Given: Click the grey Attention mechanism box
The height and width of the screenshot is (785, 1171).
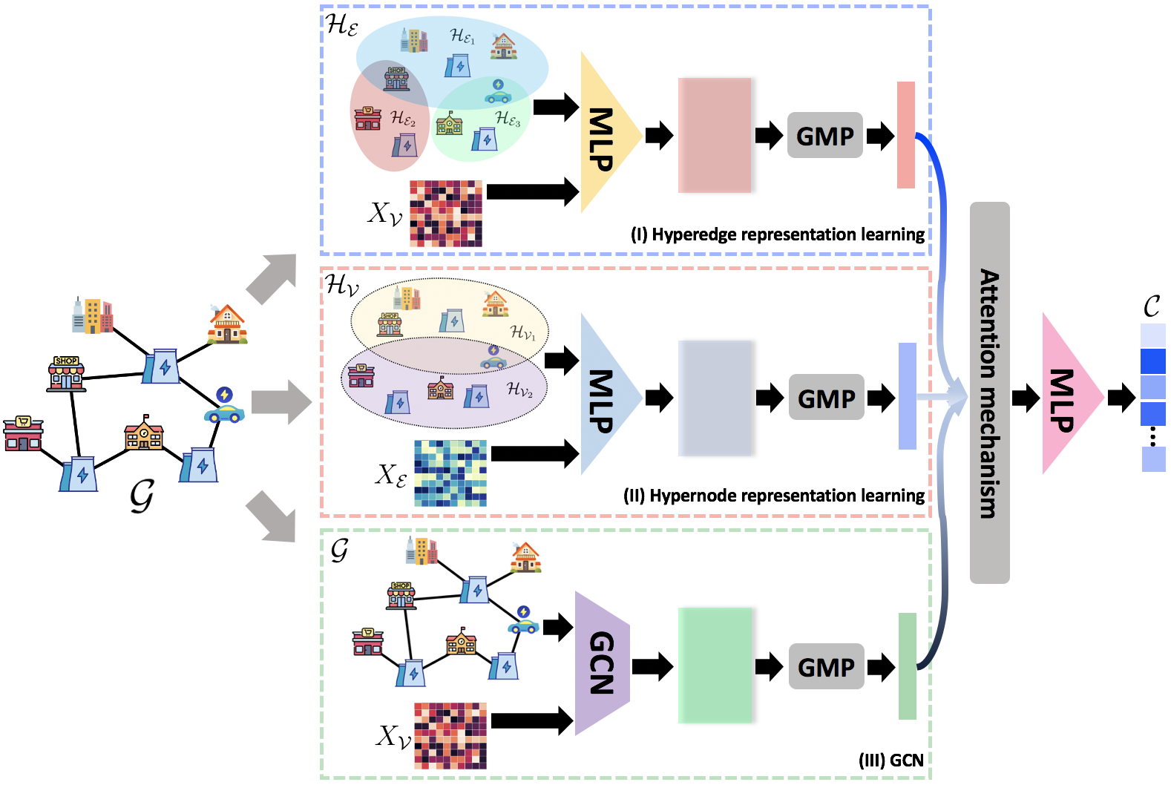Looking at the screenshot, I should click(x=989, y=392).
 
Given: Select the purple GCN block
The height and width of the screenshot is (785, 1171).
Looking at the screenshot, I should click(x=601, y=663).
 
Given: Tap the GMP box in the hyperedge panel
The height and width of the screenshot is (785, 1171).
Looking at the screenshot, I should click(x=824, y=136).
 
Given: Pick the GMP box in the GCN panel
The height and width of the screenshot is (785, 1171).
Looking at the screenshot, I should click(x=826, y=666).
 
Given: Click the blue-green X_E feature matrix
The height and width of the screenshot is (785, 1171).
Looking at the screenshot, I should click(x=450, y=473).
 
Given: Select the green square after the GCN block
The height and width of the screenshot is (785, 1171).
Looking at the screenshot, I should click(x=715, y=665).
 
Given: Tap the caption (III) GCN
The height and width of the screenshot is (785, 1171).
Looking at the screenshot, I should click(x=890, y=761).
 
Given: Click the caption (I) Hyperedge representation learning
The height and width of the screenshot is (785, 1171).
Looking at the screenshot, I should click(x=777, y=234).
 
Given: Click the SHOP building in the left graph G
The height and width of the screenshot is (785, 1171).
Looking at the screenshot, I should click(x=66, y=373).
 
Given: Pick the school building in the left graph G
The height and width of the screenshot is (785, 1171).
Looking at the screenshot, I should click(x=144, y=433).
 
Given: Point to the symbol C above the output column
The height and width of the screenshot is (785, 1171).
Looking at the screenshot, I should click(x=1151, y=306).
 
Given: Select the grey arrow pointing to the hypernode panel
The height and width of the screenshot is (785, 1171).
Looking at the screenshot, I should click(x=281, y=403).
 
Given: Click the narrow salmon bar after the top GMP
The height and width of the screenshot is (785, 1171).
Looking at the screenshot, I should click(x=905, y=134).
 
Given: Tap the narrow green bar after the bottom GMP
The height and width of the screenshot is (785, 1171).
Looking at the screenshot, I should click(x=907, y=666).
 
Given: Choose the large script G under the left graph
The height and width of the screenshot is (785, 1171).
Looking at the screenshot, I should click(x=141, y=495).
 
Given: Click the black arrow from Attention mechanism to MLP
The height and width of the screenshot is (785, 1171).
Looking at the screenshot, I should click(x=1026, y=398).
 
